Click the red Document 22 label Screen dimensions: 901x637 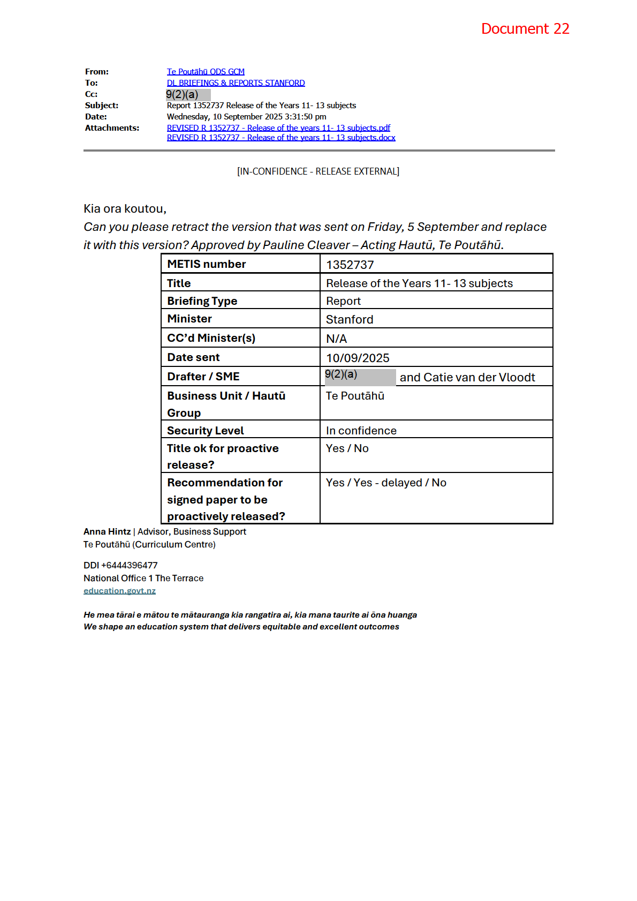(x=525, y=29)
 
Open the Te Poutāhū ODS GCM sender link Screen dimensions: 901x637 (x=206, y=72)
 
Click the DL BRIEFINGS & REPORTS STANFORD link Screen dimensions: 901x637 (x=236, y=83)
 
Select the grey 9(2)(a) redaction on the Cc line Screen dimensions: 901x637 (x=188, y=95)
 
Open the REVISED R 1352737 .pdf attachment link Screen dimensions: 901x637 (x=278, y=128)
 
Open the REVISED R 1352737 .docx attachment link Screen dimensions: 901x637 (x=281, y=138)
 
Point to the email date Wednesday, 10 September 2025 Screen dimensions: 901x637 (x=246, y=117)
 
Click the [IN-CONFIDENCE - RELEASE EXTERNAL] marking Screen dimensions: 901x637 (x=318, y=171)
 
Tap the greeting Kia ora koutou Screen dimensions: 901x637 (x=125, y=209)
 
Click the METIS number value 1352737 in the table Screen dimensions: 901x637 (x=350, y=265)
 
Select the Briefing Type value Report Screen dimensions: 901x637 (x=343, y=301)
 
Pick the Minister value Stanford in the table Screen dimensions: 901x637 (x=350, y=320)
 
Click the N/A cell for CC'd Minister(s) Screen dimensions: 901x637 (x=336, y=339)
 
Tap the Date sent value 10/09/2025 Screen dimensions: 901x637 (x=358, y=358)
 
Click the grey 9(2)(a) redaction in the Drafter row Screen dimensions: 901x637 (x=360, y=377)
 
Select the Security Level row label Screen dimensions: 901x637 (x=205, y=431)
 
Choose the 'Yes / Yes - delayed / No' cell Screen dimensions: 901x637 (x=386, y=483)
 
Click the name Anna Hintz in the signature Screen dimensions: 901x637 (x=107, y=532)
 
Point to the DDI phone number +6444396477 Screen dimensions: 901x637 (x=129, y=566)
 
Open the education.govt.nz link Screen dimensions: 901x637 (x=119, y=591)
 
